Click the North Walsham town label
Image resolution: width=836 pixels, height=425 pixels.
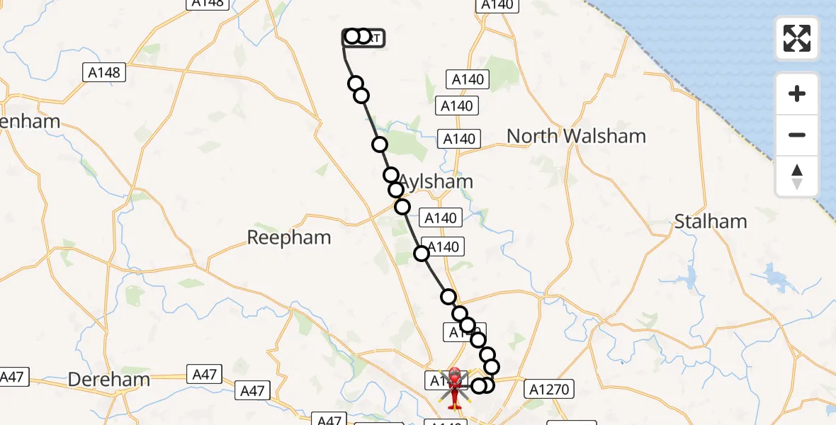[x=576, y=136]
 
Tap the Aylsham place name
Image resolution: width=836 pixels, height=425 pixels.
[x=435, y=181]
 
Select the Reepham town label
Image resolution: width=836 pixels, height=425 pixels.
[x=288, y=237]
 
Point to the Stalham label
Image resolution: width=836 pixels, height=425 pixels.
[x=710, y=222]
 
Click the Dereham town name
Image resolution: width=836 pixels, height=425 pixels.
[x=109, y=380]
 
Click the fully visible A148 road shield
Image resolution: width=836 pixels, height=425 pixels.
[x=104, y=72]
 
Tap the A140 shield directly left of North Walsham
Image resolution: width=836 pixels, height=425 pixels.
[x=459, y=139]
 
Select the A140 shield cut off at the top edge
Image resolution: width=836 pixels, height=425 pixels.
[x=496, y=4]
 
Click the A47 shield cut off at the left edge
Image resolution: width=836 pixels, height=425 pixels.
[x=13, y=378]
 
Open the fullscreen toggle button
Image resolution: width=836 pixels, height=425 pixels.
[x=797, y=38]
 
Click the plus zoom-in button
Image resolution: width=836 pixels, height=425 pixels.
[x=797, y=93]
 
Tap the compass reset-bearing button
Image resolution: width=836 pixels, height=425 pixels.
[x=797, y=176]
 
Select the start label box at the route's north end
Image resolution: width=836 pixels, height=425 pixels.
[x=364, y=37]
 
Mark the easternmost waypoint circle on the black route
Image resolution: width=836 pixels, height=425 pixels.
[x=491, y=367]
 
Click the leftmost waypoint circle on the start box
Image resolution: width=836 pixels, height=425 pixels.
[x=352, y=36]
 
